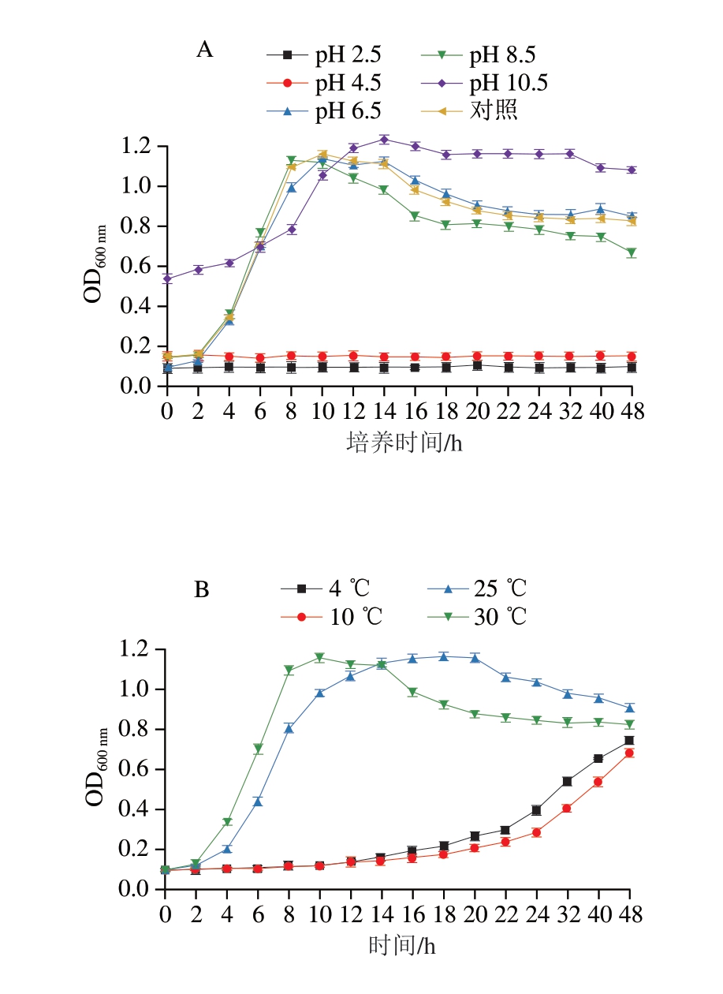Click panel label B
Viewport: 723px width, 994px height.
(x=202, y=589)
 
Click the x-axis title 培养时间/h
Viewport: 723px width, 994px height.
(x=404, y=443)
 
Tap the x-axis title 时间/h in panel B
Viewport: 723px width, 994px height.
(x=402, y=944)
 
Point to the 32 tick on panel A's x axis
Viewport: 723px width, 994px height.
(x=570, y=411)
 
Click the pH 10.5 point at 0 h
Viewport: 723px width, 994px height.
(x=167, y=278)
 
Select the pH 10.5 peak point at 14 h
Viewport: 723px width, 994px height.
(x=384, y=140)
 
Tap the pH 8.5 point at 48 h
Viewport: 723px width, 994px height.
(x=631, y=253)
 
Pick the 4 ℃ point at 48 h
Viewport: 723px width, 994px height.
(x=629, y=741)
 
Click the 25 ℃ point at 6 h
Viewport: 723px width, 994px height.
(x=257, y=802)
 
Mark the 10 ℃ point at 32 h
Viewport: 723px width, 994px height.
(x=567, y=809)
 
